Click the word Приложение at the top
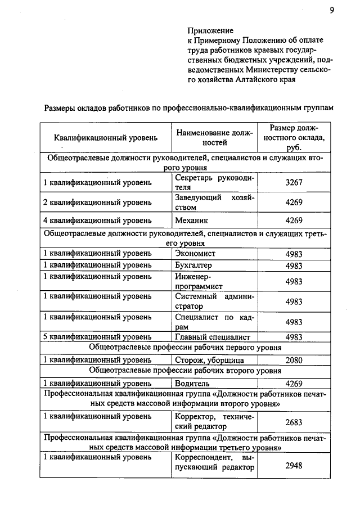tap(210, 30)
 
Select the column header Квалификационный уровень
tap(106, 137)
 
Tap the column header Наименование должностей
tap(212, 137)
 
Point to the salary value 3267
tap(294, 183)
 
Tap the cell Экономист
tap(195, 254)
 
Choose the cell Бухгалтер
tap(194, 265)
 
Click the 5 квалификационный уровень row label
tap(97, 337)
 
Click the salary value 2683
tap(294, 422)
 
